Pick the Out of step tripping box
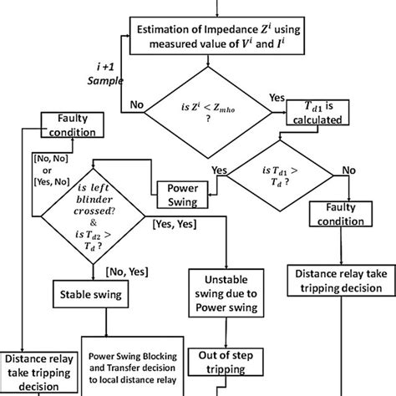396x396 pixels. tap(226, 359)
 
